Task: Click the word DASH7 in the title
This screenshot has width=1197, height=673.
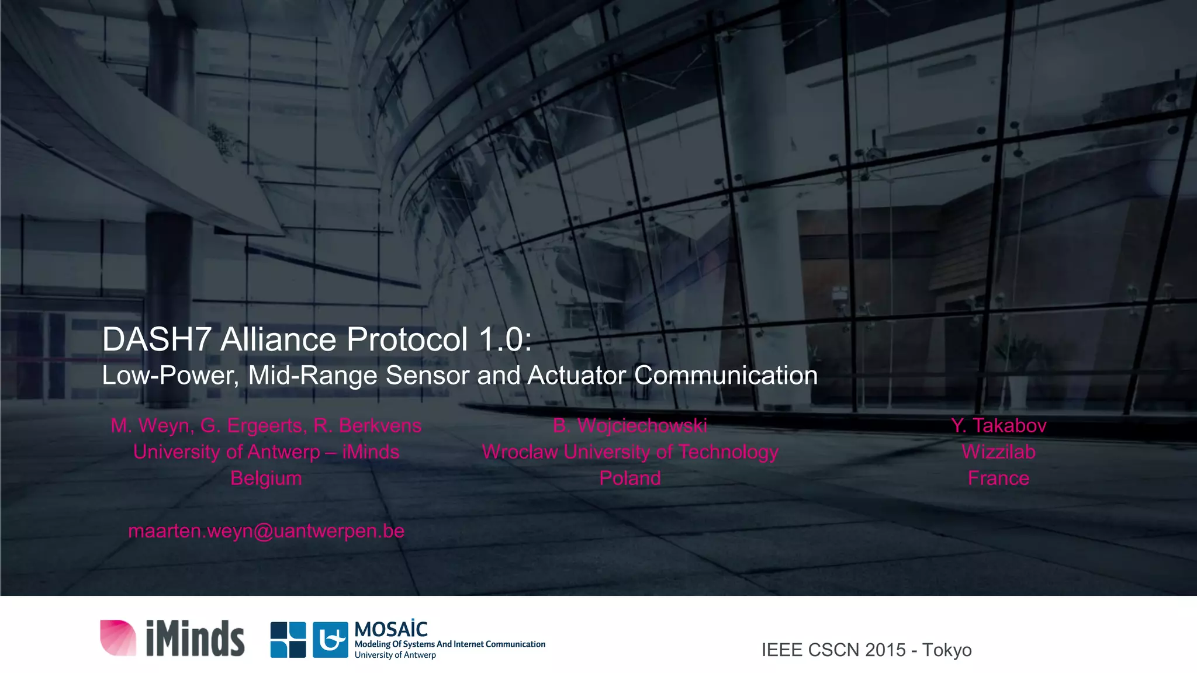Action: pos(156,339)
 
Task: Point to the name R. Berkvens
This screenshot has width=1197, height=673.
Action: pos(367,425)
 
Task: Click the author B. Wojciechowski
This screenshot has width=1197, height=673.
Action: pos(630,425)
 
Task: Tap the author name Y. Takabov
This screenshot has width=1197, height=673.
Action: pos(998,425)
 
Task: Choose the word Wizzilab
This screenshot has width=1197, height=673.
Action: pos(998,452)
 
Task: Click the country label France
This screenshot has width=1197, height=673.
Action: pos(998,478)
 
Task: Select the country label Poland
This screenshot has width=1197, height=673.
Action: pos(630,478)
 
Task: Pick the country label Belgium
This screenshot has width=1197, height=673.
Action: pos(266,478)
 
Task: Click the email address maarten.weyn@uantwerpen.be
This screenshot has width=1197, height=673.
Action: pos(266,530)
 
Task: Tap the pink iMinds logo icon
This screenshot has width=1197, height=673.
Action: pos(118,637)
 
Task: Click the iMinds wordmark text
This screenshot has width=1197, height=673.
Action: pos(195,639)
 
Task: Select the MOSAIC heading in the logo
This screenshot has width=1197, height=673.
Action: pos(391,629)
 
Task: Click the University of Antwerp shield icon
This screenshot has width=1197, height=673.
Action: pos(330,640)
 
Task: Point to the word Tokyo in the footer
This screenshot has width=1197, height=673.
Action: pos(947,650)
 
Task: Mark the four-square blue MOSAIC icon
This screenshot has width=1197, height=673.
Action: pos(288,640)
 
